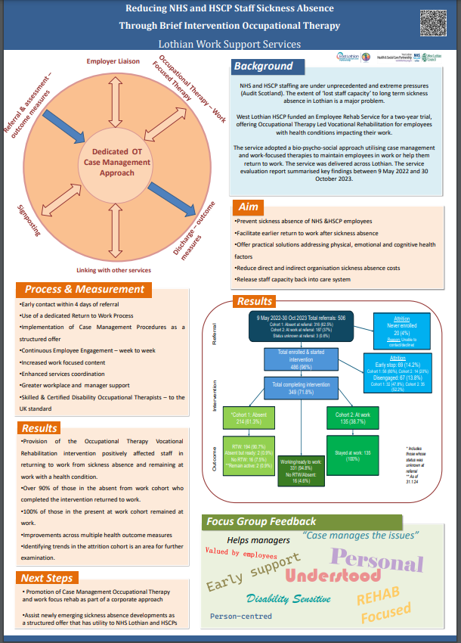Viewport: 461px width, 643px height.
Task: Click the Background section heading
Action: pyautogui.click(x=262, y=67)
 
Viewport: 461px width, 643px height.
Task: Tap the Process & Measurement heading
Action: pyautogui.click(x=85, y=290)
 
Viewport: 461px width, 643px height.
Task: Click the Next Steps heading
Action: pyautogui.click(x=47, y=578)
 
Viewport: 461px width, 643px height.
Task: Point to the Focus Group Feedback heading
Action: pyautogui.click(x=261, y=522)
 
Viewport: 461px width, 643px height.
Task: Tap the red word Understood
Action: pyautogui.click(x=333, y=576)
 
